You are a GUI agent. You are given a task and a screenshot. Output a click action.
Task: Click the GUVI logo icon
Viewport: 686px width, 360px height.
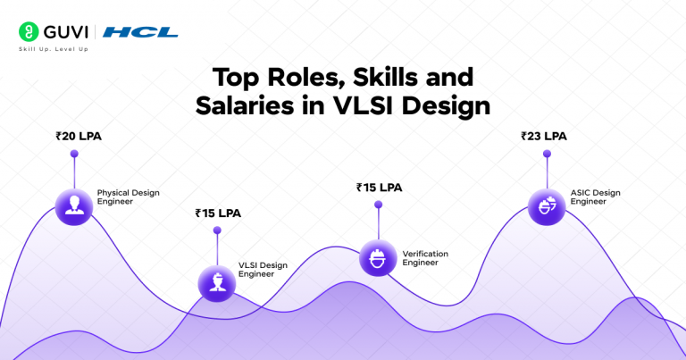(29, 32)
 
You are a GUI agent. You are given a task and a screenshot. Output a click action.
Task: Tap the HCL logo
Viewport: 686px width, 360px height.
(140, 32)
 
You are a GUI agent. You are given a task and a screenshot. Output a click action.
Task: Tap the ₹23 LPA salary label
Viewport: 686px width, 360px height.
(543, 137)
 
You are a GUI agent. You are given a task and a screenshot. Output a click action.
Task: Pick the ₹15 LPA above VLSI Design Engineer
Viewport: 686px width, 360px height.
(217, 213)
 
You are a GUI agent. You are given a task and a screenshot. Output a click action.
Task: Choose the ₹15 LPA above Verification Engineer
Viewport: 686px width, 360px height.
(378, 188)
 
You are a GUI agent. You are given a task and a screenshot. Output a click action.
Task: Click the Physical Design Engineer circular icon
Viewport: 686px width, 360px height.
(74, 205)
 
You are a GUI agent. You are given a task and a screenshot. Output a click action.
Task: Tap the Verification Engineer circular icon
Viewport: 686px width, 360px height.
(377, 257)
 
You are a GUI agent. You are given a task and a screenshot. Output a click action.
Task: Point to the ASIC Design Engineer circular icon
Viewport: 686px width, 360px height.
(545, 205)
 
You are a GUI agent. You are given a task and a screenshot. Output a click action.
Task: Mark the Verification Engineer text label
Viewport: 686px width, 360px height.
(425, 258)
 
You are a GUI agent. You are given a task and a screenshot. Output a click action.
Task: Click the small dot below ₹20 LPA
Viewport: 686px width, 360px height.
(74, 155)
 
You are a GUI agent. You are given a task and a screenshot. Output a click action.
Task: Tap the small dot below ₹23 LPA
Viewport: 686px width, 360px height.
(545, 155)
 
